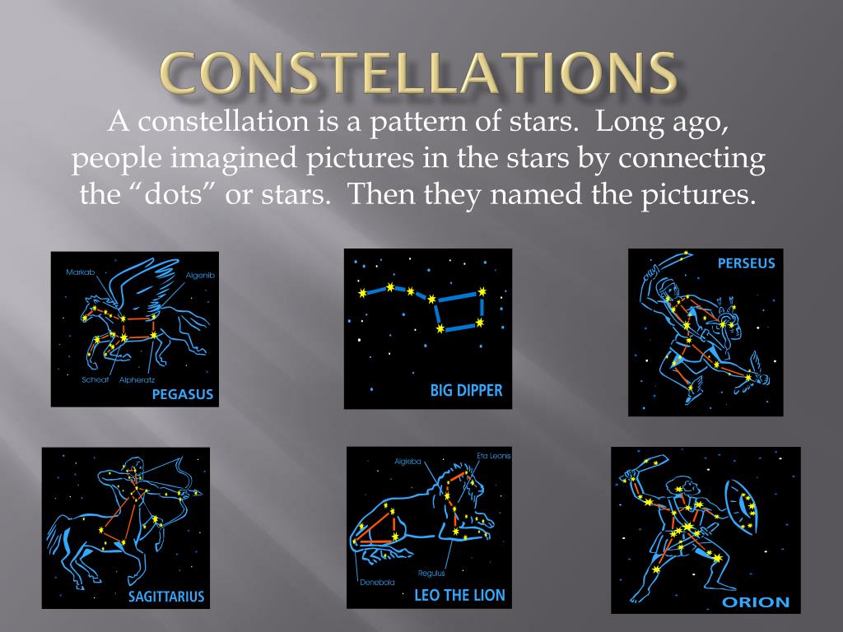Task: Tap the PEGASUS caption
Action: tap(182, 394)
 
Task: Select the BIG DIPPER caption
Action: tap(466, 390)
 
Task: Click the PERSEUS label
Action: tap(746, 263)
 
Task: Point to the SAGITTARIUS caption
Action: tap(166, 597)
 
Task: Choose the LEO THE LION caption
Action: tap(459, 596)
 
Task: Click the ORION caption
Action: tap(756, 602)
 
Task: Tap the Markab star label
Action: tap(80, 272)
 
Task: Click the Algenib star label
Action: tap(200, 275)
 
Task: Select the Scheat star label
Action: tap(95, 379)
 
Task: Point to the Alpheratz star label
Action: tap(137, 379)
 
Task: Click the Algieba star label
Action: tap(408, 462)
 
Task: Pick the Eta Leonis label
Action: tap(494, 456)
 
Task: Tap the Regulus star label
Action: tap(431, 573)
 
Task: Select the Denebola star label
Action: tap(377, 582)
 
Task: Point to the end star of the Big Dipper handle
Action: tap(362, 294)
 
